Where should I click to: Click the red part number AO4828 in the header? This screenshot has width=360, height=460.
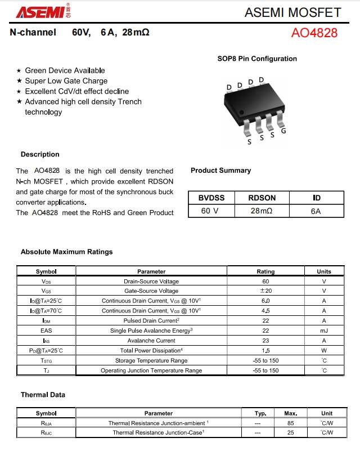314,33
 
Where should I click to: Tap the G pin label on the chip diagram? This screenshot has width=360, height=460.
283,131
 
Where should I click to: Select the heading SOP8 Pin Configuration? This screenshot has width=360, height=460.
257,59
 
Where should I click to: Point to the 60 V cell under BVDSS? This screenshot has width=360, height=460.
210,211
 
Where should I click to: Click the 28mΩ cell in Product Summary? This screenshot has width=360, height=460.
262,211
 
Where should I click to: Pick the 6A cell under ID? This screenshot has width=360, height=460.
316,211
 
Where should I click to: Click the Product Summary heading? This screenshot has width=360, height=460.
220,171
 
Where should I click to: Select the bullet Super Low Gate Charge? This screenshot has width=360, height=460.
66,81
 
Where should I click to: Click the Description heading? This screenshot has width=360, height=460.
40,154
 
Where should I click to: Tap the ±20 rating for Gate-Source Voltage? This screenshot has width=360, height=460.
265,291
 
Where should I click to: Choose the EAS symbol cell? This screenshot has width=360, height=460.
46,331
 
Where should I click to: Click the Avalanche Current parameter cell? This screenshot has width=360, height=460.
151,341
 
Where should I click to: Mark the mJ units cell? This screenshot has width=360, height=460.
324,331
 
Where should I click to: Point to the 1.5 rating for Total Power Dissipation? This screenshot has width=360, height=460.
265,350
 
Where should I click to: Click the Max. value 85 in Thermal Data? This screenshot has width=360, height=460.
291,423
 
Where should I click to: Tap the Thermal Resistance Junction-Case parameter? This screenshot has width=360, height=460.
158,432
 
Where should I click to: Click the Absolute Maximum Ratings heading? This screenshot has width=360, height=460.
66,252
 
